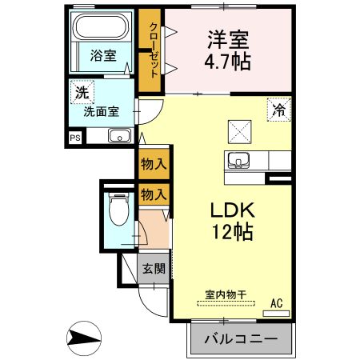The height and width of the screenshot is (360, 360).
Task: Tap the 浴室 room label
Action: (x=103, y=55)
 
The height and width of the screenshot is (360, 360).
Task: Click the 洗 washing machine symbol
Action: (x=82, y=92)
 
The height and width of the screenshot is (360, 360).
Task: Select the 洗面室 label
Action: (x=102, y=111)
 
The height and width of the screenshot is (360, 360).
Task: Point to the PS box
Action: (x=75, y=138)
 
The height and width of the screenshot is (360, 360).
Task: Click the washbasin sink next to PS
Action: (x=120, y=136)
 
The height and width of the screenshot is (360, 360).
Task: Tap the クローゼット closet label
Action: (x=154, y=50)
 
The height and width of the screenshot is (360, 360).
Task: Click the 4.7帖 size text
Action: (x=227, y=62)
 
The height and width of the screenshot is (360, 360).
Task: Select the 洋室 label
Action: (x=228, y=39)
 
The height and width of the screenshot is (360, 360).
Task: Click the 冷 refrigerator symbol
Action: (x=279, y=110)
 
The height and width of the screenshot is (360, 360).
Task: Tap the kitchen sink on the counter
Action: (x=238, y=160)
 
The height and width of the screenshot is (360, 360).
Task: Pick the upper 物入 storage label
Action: (x=154, y=163)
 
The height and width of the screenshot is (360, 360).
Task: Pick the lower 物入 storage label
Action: (x=154, y=194)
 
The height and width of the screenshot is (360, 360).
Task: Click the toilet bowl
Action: (x=119, y=210)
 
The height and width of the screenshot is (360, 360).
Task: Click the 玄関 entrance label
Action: (x=154, y=268)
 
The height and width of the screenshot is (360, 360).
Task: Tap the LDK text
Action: (x=233, y=210)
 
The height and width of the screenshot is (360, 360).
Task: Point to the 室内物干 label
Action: (x=226, y=294)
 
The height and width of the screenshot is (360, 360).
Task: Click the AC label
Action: (x=277, y=303)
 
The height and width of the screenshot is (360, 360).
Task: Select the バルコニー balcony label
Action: (x=241, y=339)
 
